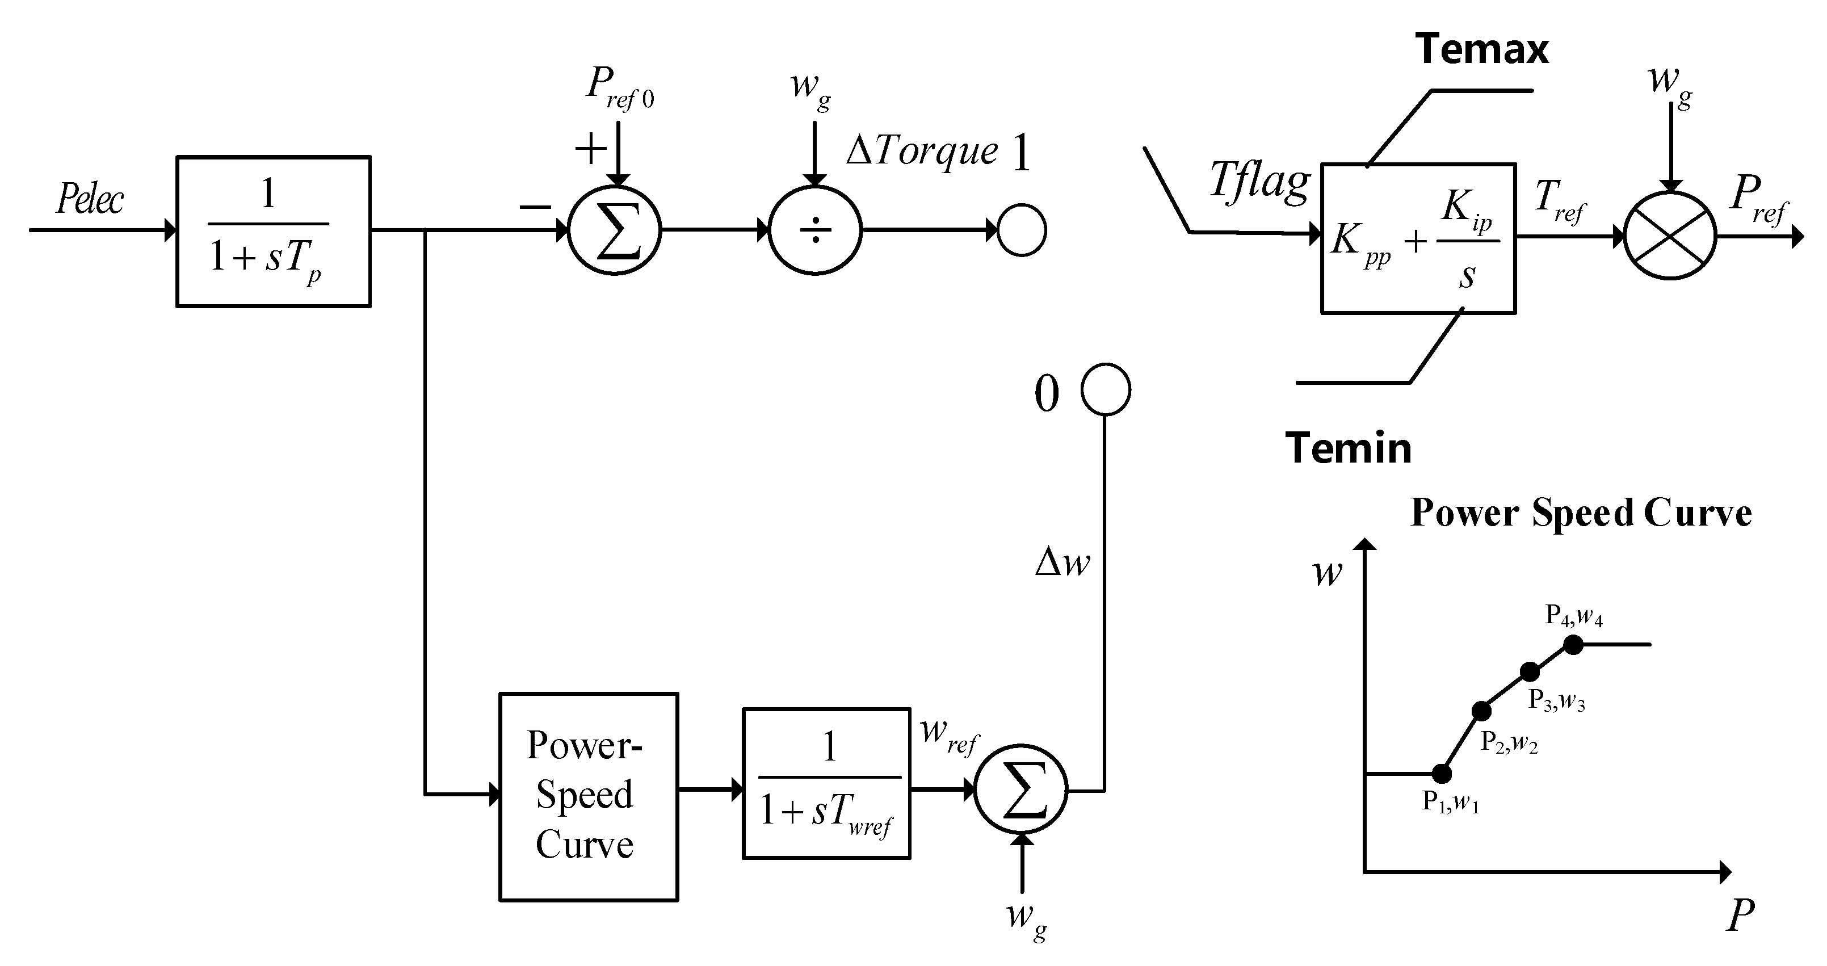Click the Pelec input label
(x=90, y=199)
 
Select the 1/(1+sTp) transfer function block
(x=273, y=231)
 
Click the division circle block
(x=815, y=230)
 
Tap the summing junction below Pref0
(x=614, y=230)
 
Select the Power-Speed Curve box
(x=589, y=796)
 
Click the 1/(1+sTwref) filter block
(x=826, y=783)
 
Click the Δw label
(x=1062, y=562)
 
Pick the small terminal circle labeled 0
(x=1105, y=389)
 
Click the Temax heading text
(x=1481, y=49)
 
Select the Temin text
(x=1347, y=448)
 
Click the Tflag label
(x=1259, y=182)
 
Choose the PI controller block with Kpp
(x=1418, y=238)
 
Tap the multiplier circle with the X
(x=1670, y=236)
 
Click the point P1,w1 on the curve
(x=1442, y=773)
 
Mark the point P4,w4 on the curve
(x=1573, y=644)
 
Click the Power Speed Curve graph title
(x=1581, y=512)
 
